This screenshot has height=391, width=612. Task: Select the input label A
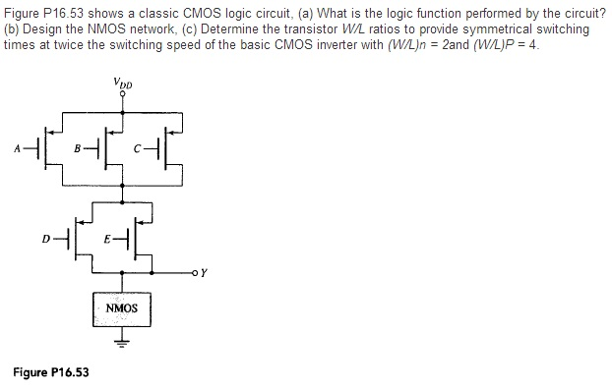[17, 149]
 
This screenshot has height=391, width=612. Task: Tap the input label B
[79, 149]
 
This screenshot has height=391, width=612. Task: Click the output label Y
[204, 273]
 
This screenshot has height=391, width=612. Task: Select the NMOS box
[122, 308]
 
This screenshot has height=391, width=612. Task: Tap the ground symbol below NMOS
[122, 344]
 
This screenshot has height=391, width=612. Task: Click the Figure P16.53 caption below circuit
[50, 371]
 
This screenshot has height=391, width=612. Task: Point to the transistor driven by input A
[48, 149]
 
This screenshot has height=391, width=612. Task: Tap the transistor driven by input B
[110, 149]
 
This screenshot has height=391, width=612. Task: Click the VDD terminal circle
[122, 93]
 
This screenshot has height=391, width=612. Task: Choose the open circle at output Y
[195, 272]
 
